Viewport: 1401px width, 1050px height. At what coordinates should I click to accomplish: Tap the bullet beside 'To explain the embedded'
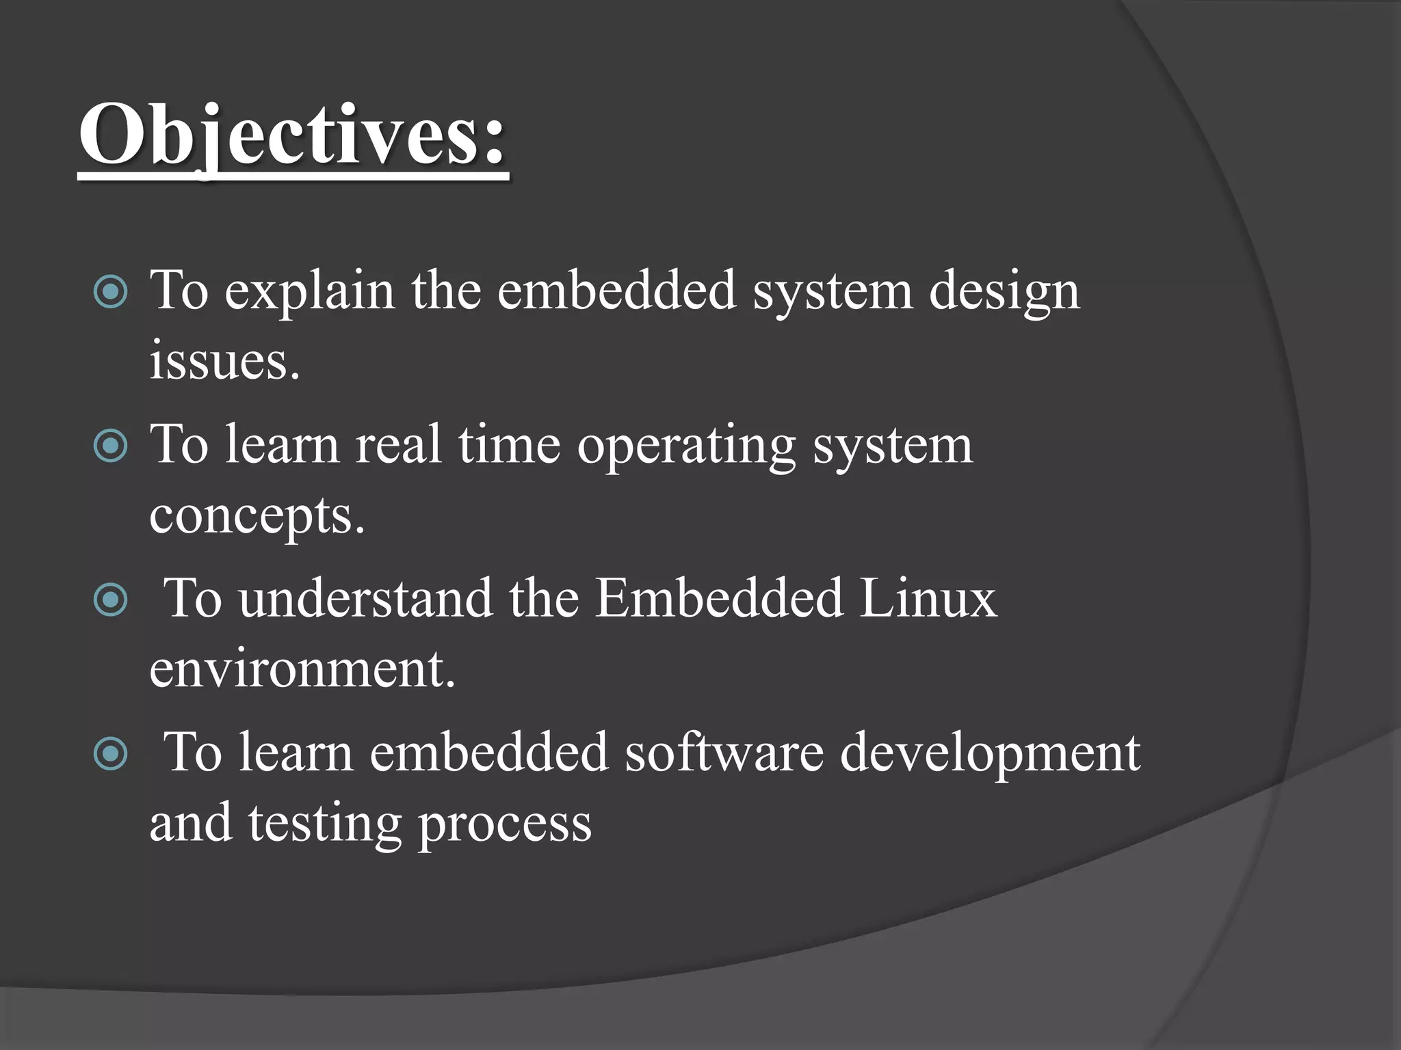click(x=110, y=292)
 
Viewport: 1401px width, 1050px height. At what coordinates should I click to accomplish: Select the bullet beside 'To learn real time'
click(x=110, y=446)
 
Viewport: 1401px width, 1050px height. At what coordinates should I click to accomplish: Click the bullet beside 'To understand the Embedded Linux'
click(x=110, y=600)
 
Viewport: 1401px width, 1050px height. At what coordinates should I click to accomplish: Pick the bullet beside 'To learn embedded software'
click(x=110, y=754)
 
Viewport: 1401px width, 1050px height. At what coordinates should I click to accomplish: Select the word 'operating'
click(x=686, y=446)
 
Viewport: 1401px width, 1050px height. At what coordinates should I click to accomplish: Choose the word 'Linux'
click(x=928, y=599)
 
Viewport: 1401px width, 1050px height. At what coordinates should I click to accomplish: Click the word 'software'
click(x=724, y=753)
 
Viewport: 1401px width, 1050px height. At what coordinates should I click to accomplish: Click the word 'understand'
click(x=366, y=599)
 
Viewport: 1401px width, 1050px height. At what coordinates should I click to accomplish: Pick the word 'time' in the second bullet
click(x=509, y=446)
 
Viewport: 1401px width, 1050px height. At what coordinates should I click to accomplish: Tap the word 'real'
click(x=399, y=446)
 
